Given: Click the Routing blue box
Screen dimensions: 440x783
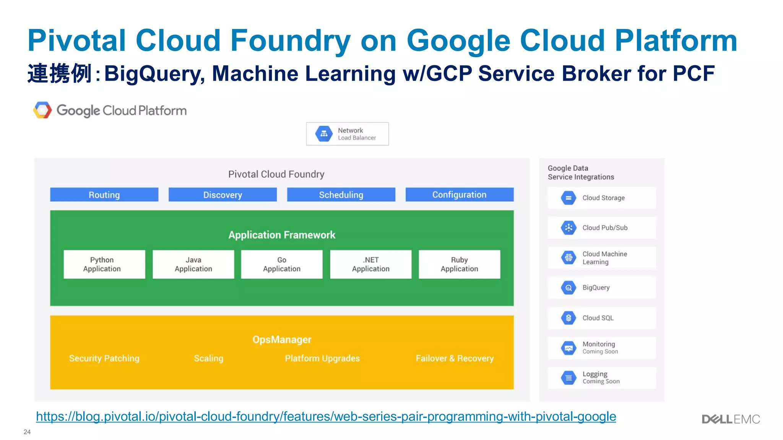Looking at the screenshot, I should click(104, 195).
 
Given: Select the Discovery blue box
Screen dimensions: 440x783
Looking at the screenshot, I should click(223, 195).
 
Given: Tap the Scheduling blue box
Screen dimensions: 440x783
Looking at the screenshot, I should click(341, 195).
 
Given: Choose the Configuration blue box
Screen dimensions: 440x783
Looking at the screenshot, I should click(459, 195).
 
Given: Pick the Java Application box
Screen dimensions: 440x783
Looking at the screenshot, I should click(193, 264).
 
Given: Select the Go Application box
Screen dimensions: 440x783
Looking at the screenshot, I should click(282, 264).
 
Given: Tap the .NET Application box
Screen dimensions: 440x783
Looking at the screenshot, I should click(370, 264).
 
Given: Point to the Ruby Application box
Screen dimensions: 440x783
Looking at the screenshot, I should click(459, 264).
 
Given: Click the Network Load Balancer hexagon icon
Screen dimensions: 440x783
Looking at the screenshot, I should click(324, 134).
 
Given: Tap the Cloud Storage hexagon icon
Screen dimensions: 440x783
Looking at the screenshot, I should click(569, 198).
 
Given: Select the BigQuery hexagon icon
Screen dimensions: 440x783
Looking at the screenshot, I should click(569, 288).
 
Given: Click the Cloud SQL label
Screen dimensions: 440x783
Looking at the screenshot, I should click(598, 318).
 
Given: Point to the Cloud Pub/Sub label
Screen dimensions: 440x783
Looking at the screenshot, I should click(605, 228).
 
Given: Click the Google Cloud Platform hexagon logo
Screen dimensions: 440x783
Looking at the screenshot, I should click(42, 110).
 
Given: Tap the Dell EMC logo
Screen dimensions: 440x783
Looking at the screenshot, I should click(731, 419).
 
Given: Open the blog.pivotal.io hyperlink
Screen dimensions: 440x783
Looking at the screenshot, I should click(326, 416).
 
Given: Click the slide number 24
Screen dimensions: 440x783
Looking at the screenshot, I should click(27, 432).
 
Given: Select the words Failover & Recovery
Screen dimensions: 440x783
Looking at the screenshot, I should click(455, 358).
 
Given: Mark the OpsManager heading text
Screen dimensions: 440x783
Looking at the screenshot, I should click(282, 340).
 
